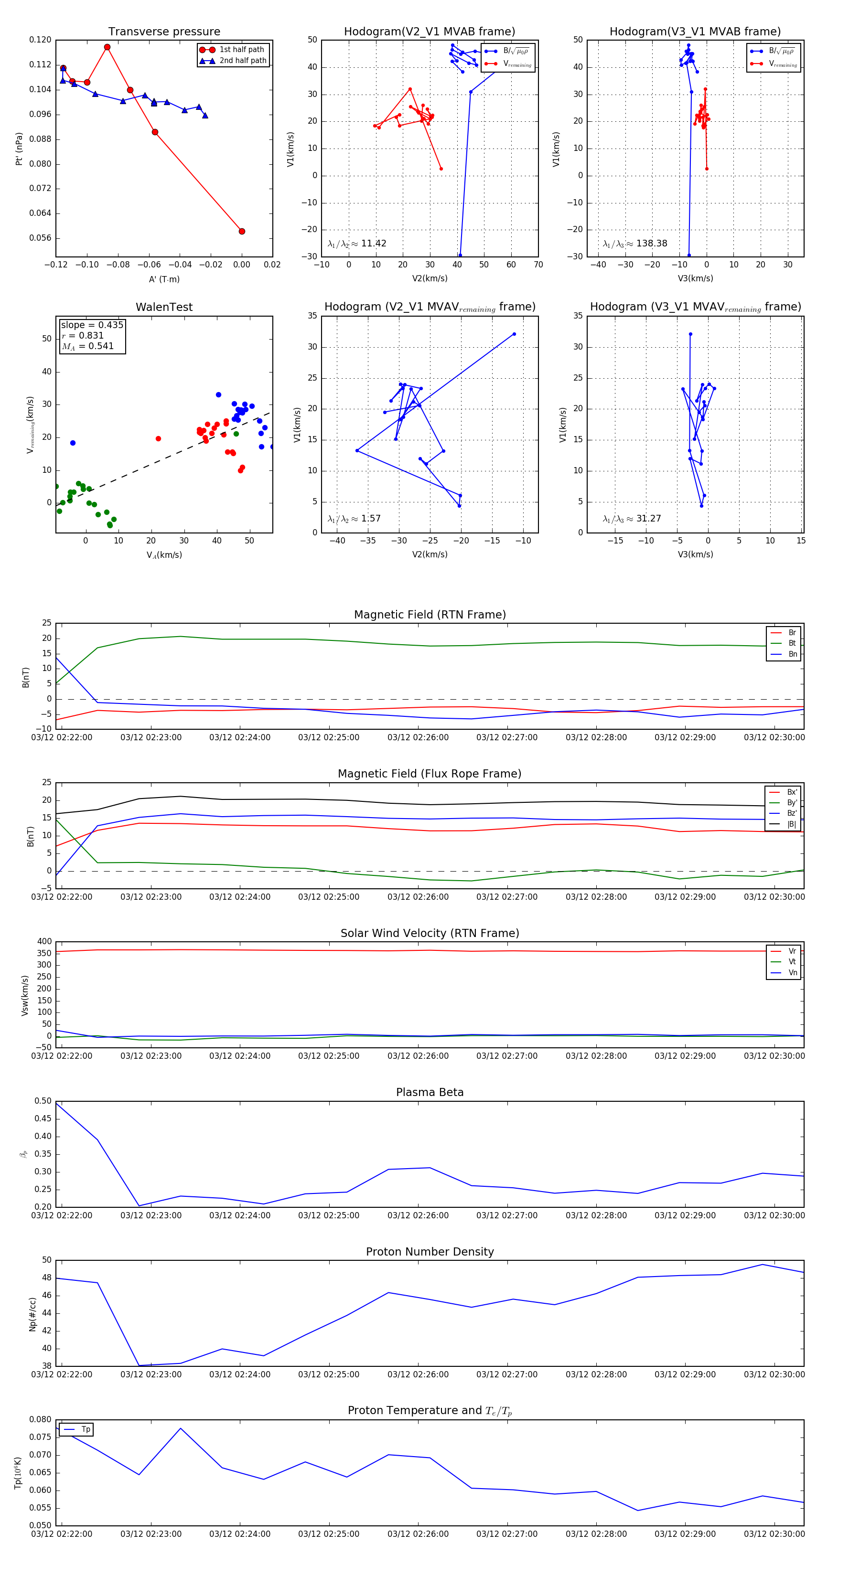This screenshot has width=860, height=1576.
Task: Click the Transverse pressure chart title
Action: click(x=164, y=32)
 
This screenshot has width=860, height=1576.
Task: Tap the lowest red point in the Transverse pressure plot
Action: click(x=242, y=231)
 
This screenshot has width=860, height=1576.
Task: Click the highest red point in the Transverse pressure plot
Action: click(x=107, y=47)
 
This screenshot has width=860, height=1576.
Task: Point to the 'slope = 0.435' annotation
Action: click(x=92, y=325)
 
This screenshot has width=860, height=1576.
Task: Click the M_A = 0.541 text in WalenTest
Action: click(x=87, y=346)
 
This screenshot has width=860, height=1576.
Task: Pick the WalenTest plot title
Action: click(x=164, y=307)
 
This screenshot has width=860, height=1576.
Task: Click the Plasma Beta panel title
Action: click(x=430, y=1093)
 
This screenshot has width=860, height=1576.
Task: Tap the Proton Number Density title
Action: click(x=430, y=1252)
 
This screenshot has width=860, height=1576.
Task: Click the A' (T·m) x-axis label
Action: click(x=164, y=279)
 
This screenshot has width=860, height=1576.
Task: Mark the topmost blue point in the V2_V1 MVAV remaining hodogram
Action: click(x=514, y=334)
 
